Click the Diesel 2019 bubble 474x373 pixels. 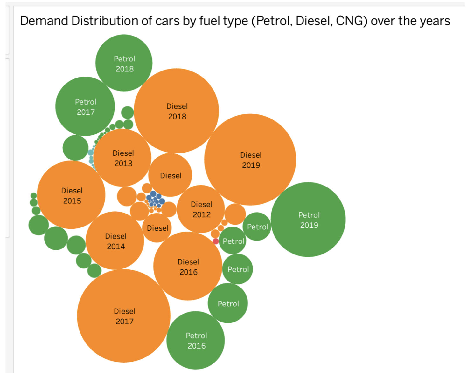(x=250, y=159)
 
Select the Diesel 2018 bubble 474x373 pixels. (x=177, y=111)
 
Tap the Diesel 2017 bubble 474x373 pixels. (x=124, y=316)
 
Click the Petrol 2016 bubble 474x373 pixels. (x=196, y=340)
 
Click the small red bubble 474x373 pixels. (x=216, y=241)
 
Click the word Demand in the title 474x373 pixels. (x=44, y=21)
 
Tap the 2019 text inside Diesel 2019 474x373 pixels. (x=251, y=165)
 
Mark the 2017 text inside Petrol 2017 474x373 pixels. (x=86, y=112)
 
